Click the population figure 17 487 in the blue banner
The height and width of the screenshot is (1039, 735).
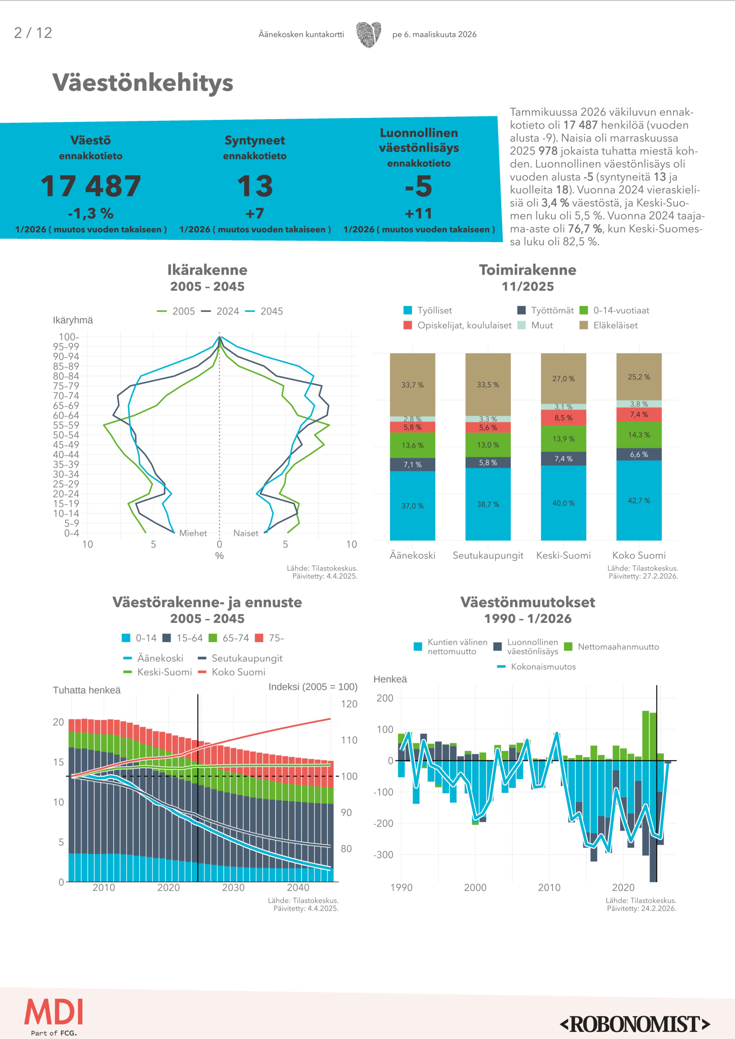(91, 186)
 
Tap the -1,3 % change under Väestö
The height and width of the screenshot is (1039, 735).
(91, 213)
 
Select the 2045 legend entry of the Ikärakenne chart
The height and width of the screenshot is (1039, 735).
(265, 311)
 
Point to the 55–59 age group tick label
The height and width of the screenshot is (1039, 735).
(66, 425)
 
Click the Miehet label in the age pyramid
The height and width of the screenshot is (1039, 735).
(193, 533)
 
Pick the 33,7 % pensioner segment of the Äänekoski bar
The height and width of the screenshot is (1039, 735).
(412, 385)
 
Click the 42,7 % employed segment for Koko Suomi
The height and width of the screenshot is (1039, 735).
(638, 500)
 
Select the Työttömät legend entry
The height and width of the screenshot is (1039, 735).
(546, 311)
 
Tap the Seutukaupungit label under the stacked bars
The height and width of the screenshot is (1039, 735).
(488, 555)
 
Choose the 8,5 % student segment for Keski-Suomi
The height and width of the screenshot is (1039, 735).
(563, 418)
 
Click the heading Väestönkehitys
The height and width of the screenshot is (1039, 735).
(143, 83)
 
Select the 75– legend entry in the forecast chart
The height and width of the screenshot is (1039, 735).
(270, 638)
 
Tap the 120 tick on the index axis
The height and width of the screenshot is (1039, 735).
(349, 704)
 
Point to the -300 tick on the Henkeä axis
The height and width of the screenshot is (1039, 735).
(383, 855)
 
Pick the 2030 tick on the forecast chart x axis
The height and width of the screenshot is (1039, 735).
(233, 887)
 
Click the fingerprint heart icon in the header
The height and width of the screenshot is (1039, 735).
(368, 35)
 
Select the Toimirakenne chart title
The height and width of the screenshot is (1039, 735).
(527, 270)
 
